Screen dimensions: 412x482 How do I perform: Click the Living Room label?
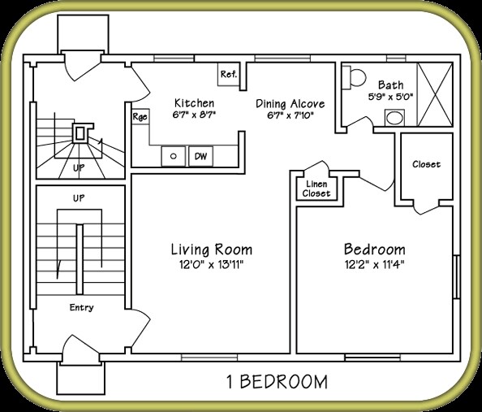[211, 249]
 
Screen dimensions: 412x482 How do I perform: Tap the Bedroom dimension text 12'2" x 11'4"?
[374, 264]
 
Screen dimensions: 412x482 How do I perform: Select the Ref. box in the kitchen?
[228, 75]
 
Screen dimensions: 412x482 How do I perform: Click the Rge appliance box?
[140, 117]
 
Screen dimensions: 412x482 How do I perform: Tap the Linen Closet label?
[316, 189]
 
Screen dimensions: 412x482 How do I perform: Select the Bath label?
[390, 84]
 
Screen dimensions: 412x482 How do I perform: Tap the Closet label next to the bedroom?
[426, 164]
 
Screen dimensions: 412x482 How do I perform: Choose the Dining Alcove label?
[290, 103]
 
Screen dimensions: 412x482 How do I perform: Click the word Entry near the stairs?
[81, 307]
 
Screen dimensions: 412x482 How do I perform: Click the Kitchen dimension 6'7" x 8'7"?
[195, 115]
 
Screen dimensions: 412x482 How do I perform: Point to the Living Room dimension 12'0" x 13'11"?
[211, 264]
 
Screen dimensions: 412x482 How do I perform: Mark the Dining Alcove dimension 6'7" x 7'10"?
[290, 115]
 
